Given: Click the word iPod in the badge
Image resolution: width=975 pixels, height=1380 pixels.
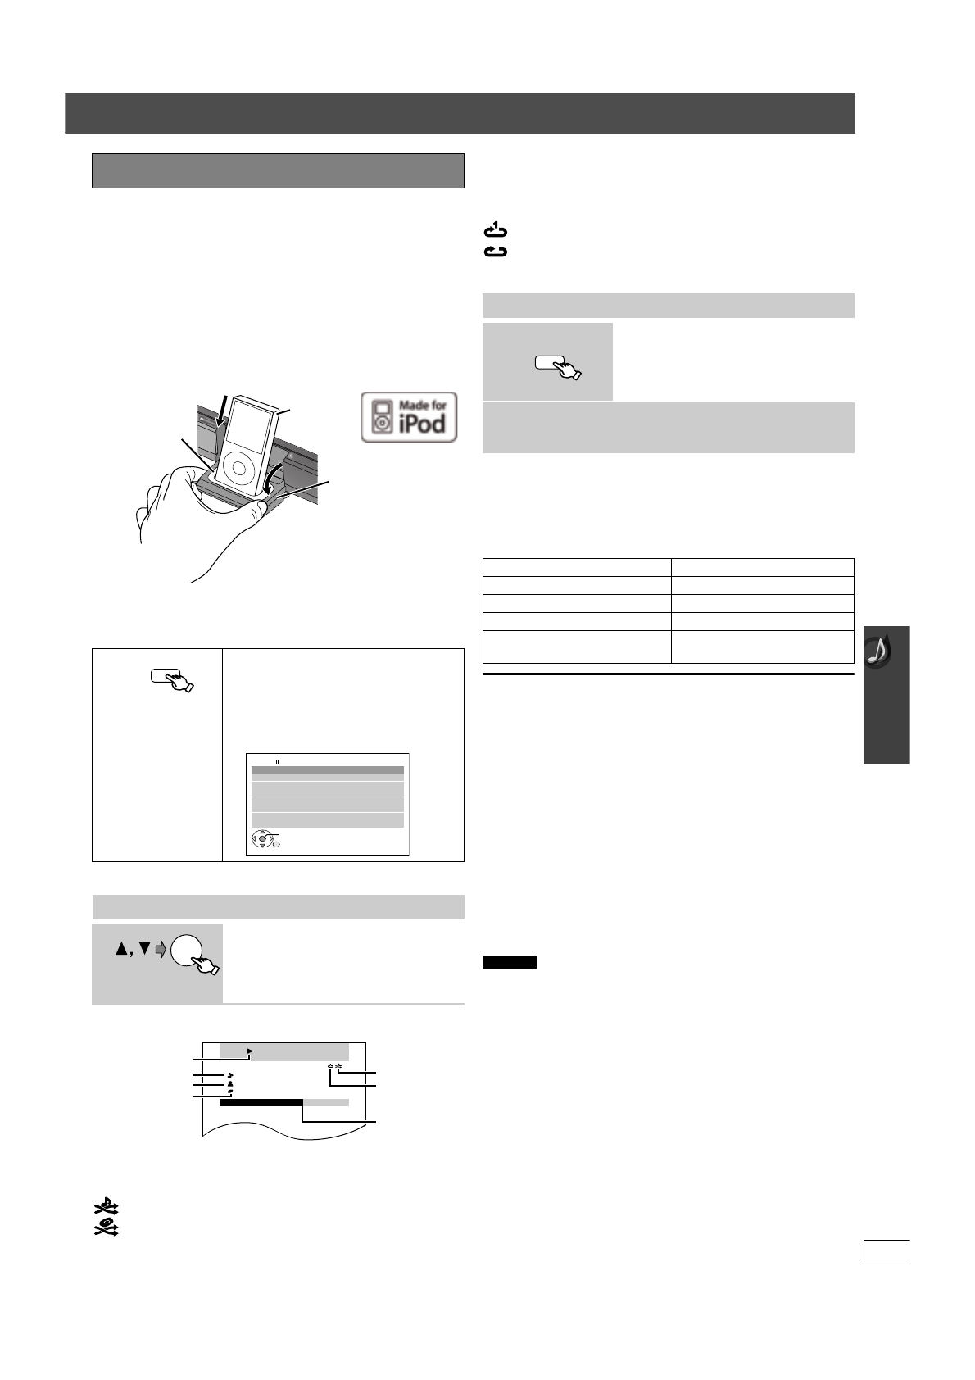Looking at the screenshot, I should pos(421,424).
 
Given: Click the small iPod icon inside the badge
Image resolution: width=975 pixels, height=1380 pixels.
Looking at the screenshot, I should pos(381,417).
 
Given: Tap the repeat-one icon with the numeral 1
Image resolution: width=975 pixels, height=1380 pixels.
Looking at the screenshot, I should pos(496,231).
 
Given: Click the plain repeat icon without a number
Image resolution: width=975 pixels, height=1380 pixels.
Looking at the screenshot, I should pos(496,252).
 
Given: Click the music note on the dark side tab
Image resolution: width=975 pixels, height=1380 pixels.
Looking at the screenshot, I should pos(880,650).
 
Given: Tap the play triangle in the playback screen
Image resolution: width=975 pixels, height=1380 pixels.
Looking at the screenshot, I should pos(251,1051).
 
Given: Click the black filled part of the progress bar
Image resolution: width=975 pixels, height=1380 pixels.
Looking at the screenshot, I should pos(261,1103).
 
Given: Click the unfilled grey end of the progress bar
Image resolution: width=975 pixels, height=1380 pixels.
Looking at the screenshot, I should pos(326,1103).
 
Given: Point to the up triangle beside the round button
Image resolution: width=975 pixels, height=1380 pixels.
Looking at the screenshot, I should pos(122,949).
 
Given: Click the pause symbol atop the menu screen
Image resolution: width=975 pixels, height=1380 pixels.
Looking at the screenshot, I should pos(277,761).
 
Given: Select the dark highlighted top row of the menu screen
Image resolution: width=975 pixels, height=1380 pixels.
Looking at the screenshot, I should pos(327,770).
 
